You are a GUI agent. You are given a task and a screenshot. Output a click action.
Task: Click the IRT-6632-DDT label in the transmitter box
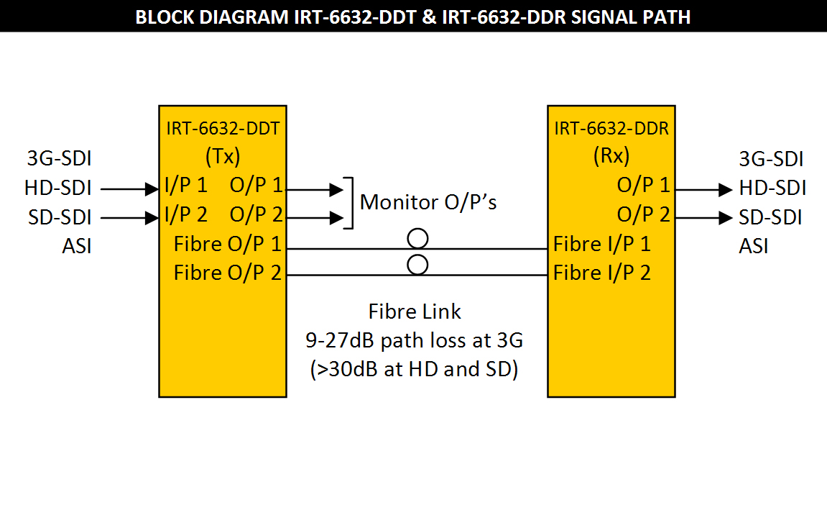click(x=222, y=129)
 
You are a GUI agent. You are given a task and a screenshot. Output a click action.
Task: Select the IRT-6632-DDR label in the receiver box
click(x=611, y=129)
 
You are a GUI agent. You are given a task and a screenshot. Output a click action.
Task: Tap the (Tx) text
click(x=222, y=157)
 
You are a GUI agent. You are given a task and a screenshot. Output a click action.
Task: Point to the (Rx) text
click(x=611, y=157)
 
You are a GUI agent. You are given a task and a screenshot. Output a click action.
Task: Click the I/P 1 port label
click(x=185, y=186)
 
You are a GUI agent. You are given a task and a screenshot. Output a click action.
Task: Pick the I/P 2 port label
click(x=185, y=214)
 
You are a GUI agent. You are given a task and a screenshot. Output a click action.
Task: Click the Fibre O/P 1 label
click(x=227, y=244)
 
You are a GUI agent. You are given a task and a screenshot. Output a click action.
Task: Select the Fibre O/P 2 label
click(x=227, y=273)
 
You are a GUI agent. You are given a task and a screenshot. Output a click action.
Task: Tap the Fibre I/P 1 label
click(x=602, y=244)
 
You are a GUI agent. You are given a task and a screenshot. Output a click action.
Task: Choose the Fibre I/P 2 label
click(x=602, y=273)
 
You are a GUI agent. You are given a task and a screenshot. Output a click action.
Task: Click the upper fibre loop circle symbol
click(x=417, y=238)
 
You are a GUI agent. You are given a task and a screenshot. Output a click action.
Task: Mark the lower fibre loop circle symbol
click(x=417, y=265)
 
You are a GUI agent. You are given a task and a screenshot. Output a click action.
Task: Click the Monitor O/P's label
click(x=428, y=202)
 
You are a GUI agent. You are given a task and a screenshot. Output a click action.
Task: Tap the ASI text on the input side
click(x=77, y=247)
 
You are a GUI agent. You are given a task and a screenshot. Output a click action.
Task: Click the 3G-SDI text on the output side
click(x=771, y=159)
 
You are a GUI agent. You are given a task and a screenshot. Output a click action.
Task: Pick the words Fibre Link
click(x=415, y=311)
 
